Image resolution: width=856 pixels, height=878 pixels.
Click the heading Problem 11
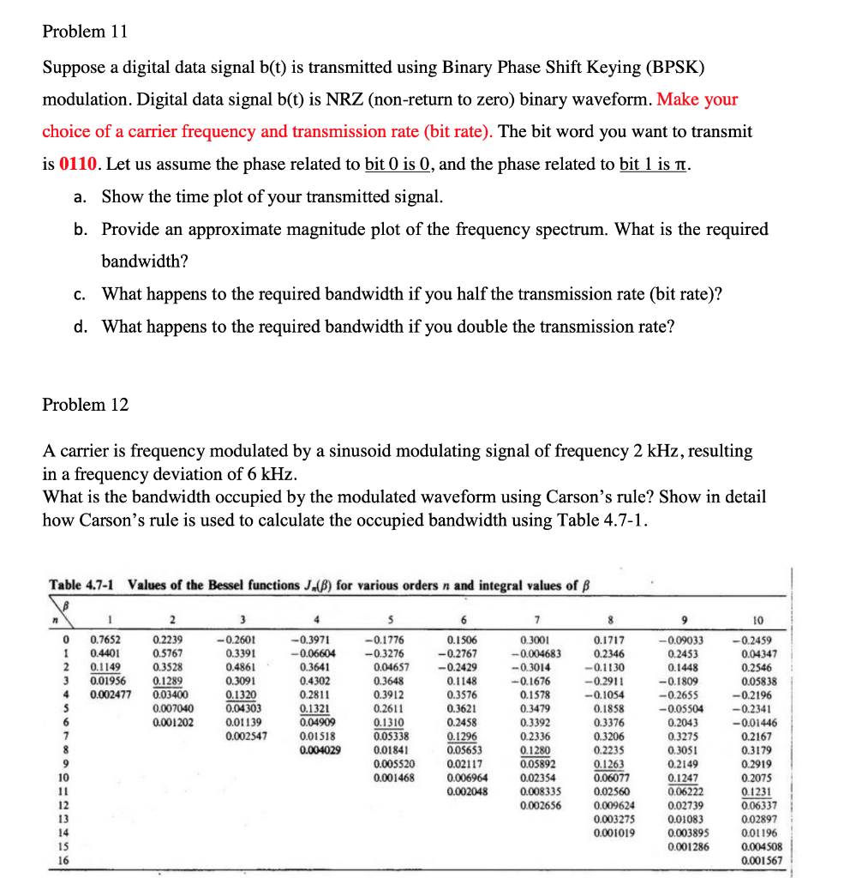(x=85, y=32)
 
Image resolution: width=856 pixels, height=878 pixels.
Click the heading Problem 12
(x=85, y=405)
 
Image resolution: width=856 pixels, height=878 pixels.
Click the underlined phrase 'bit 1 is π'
(x=654, y=163)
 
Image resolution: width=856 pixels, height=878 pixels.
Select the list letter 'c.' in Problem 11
(x=79, y=294)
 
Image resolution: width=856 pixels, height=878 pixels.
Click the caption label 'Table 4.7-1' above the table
(x=84, y=586)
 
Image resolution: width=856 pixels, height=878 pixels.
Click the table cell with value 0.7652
(x=106, y=640)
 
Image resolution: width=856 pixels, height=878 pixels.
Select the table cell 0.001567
(x=760, y=860)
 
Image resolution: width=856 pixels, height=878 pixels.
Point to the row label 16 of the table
(x=63, y=860)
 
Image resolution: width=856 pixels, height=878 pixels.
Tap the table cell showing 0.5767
(x=167, y=653)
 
